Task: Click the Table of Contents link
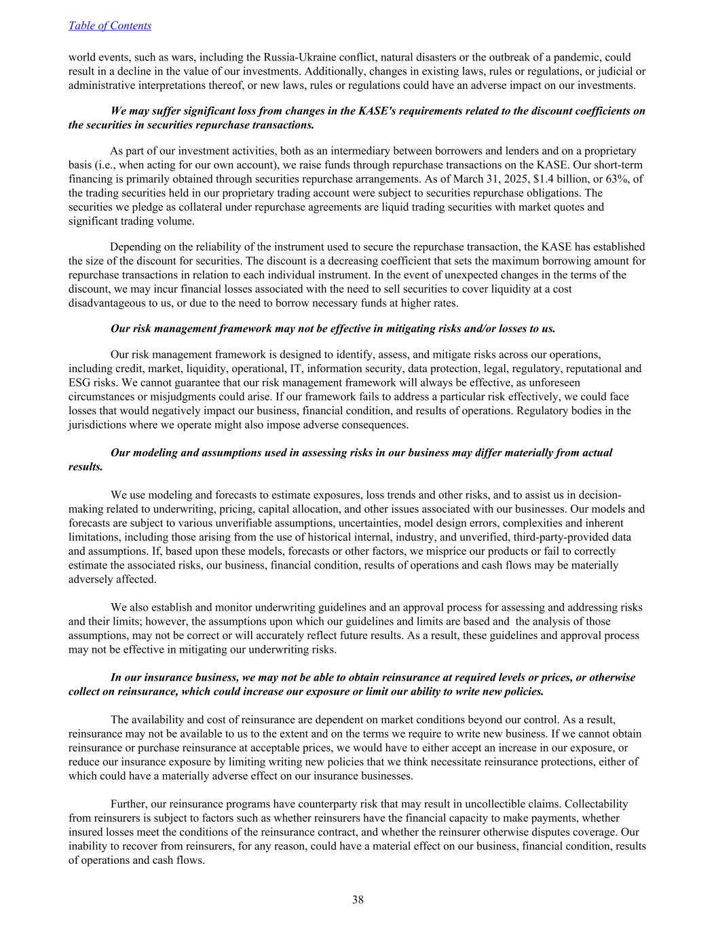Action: (x=110, y=26)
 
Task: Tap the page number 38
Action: (x=358, y=900)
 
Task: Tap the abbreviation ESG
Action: (x=80, y=383)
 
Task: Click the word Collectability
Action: (x=596, y=804)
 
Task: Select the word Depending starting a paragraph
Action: (x=135, y=247)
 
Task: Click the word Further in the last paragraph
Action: (x=129, y=804)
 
